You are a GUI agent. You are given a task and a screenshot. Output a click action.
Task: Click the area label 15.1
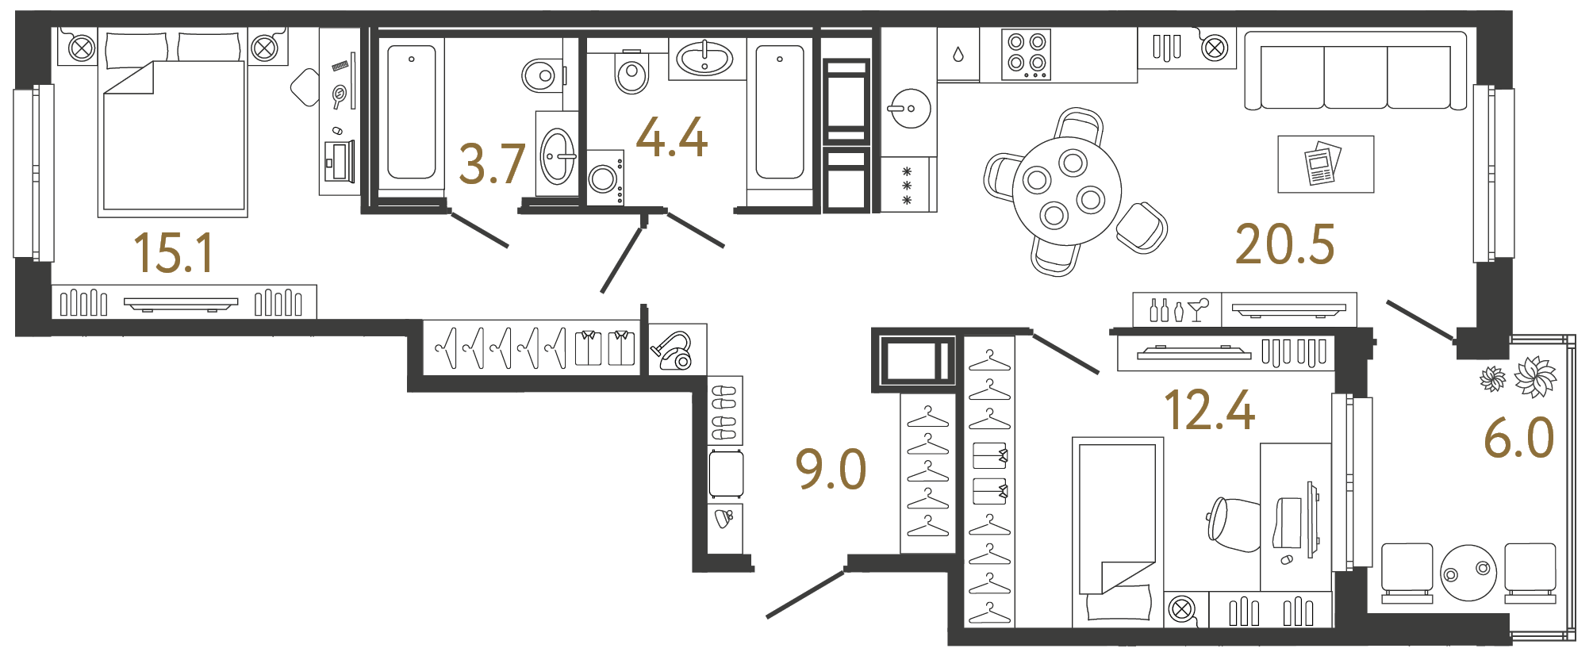coord(174,253)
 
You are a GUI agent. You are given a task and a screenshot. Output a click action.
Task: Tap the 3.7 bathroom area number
coord(492,164)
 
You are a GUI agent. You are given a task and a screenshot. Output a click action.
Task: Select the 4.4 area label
coord(671,137)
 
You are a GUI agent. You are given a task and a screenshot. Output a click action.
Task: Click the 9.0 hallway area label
coord(831,469)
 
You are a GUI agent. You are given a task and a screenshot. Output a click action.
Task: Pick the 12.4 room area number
coord(1209,410)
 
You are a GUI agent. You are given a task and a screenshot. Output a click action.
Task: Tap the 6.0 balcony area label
coord(1518,438)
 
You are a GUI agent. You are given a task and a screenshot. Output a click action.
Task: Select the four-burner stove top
coord(1027,54)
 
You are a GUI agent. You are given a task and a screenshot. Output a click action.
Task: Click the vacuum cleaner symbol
coord(674,351)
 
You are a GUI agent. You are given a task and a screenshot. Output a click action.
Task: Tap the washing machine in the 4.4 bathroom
coord(605,178)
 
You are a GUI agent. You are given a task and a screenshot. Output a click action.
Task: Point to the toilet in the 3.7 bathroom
coord(541,75)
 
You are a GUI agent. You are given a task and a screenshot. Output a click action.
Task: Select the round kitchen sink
coord(909,108)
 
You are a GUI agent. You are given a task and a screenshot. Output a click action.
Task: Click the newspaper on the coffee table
coord(1322,163)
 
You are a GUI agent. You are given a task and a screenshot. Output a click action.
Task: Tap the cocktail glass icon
coord(1198,309)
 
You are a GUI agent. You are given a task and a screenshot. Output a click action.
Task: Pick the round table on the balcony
coord(1468,572)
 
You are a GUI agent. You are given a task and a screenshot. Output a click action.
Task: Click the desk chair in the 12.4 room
coord(1232,524)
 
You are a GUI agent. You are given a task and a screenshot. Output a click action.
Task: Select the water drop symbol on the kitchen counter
coord(958,55)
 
